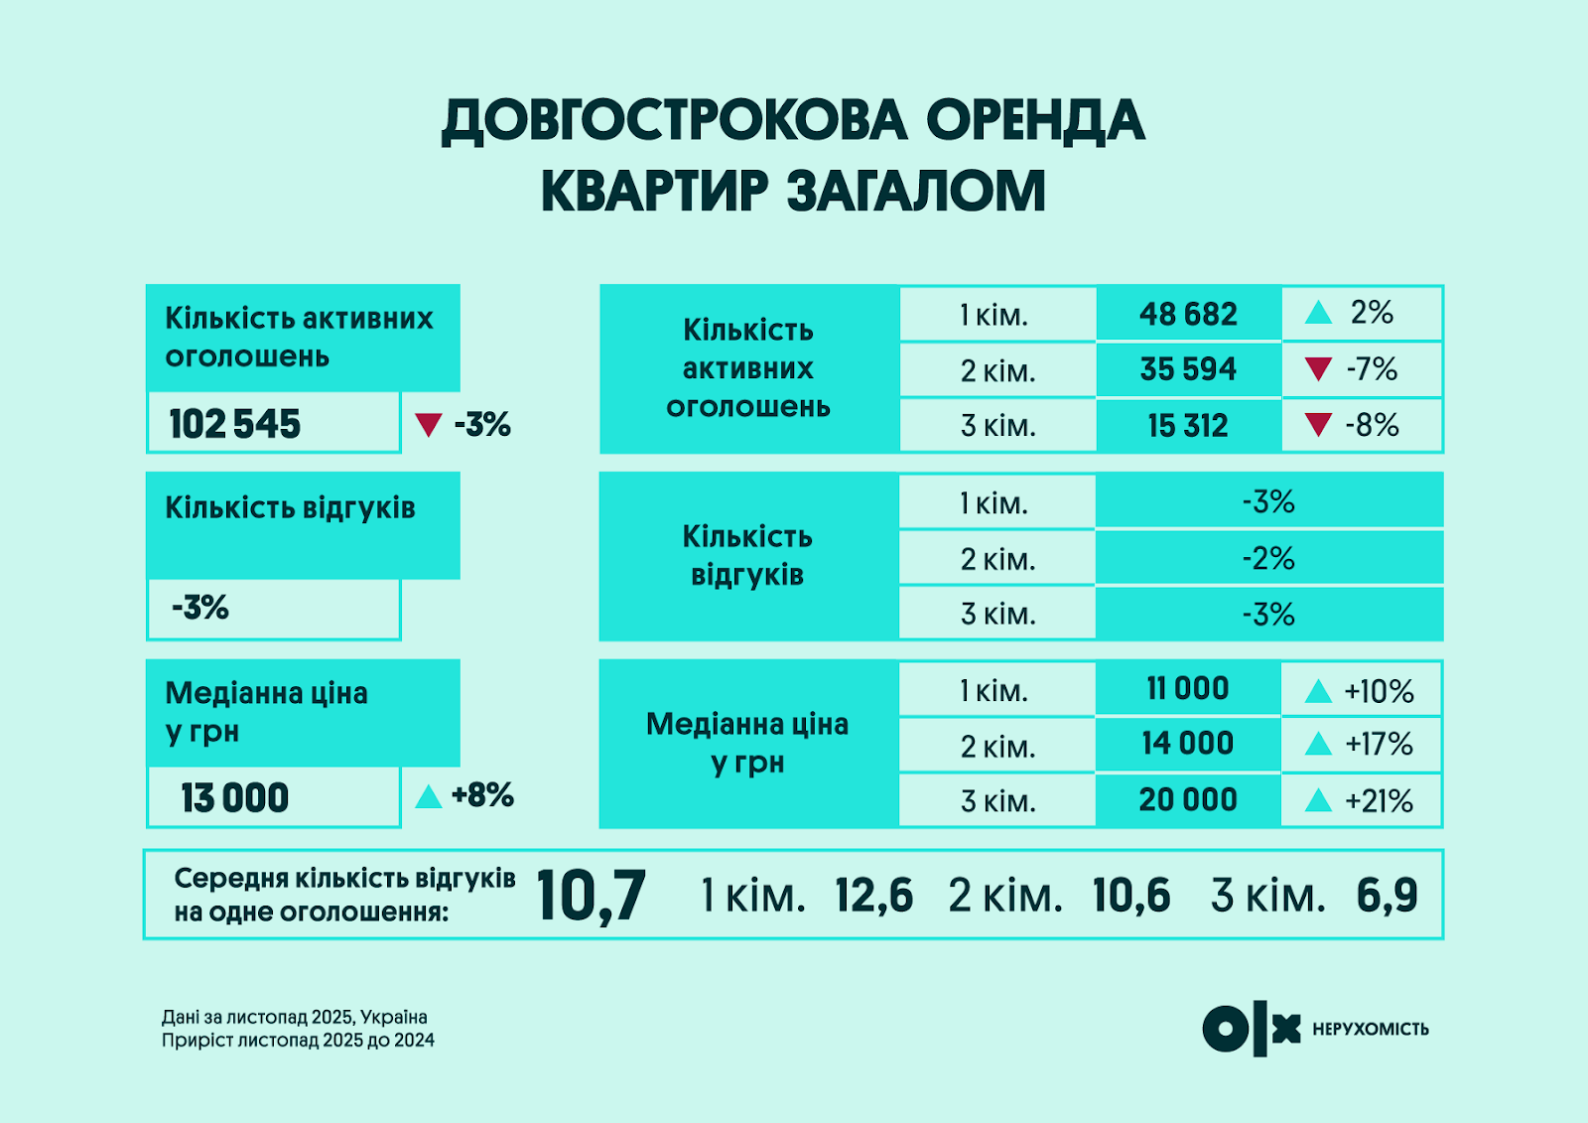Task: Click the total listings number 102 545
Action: pyautogui.click(x=235, y=424)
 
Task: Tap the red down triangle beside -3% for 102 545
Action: pyautogui.click(x=428, y=425)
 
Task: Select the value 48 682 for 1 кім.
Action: pyautogui.click(x=1188, y=315)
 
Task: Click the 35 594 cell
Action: pyautogui.click(x=1188, y=369)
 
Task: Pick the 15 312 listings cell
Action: pyautogui.click(x=1188, y=426)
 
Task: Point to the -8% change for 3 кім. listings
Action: pyautogui.click(x=1372, y=426)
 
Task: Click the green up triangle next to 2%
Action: pyautogui.click(x=1318, y=314)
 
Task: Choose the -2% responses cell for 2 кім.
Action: pyautogui.click(x=1268, y=558)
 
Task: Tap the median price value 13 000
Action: pyautogui.click(x=235, y=798)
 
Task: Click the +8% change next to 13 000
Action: pyautogui.click(x=482, y=795)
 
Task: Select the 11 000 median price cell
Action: pyautogui.click(x=1188, y=688)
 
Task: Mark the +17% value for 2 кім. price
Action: pyautogui.click(x=1379, y=745)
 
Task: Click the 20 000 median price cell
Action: pyautogui.click(x=1188, y=800)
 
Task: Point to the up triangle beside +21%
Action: pyautogui.click(x=1318, y=800)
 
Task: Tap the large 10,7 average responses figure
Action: pyautogui.click(x=592, y=896)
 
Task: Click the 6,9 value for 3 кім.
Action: pyautogui.click(x=1387, y=896)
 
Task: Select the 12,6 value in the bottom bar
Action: pyautogui.click(x=873, y=896)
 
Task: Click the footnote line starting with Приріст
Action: pyautogui.click(x=298, y=1041)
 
